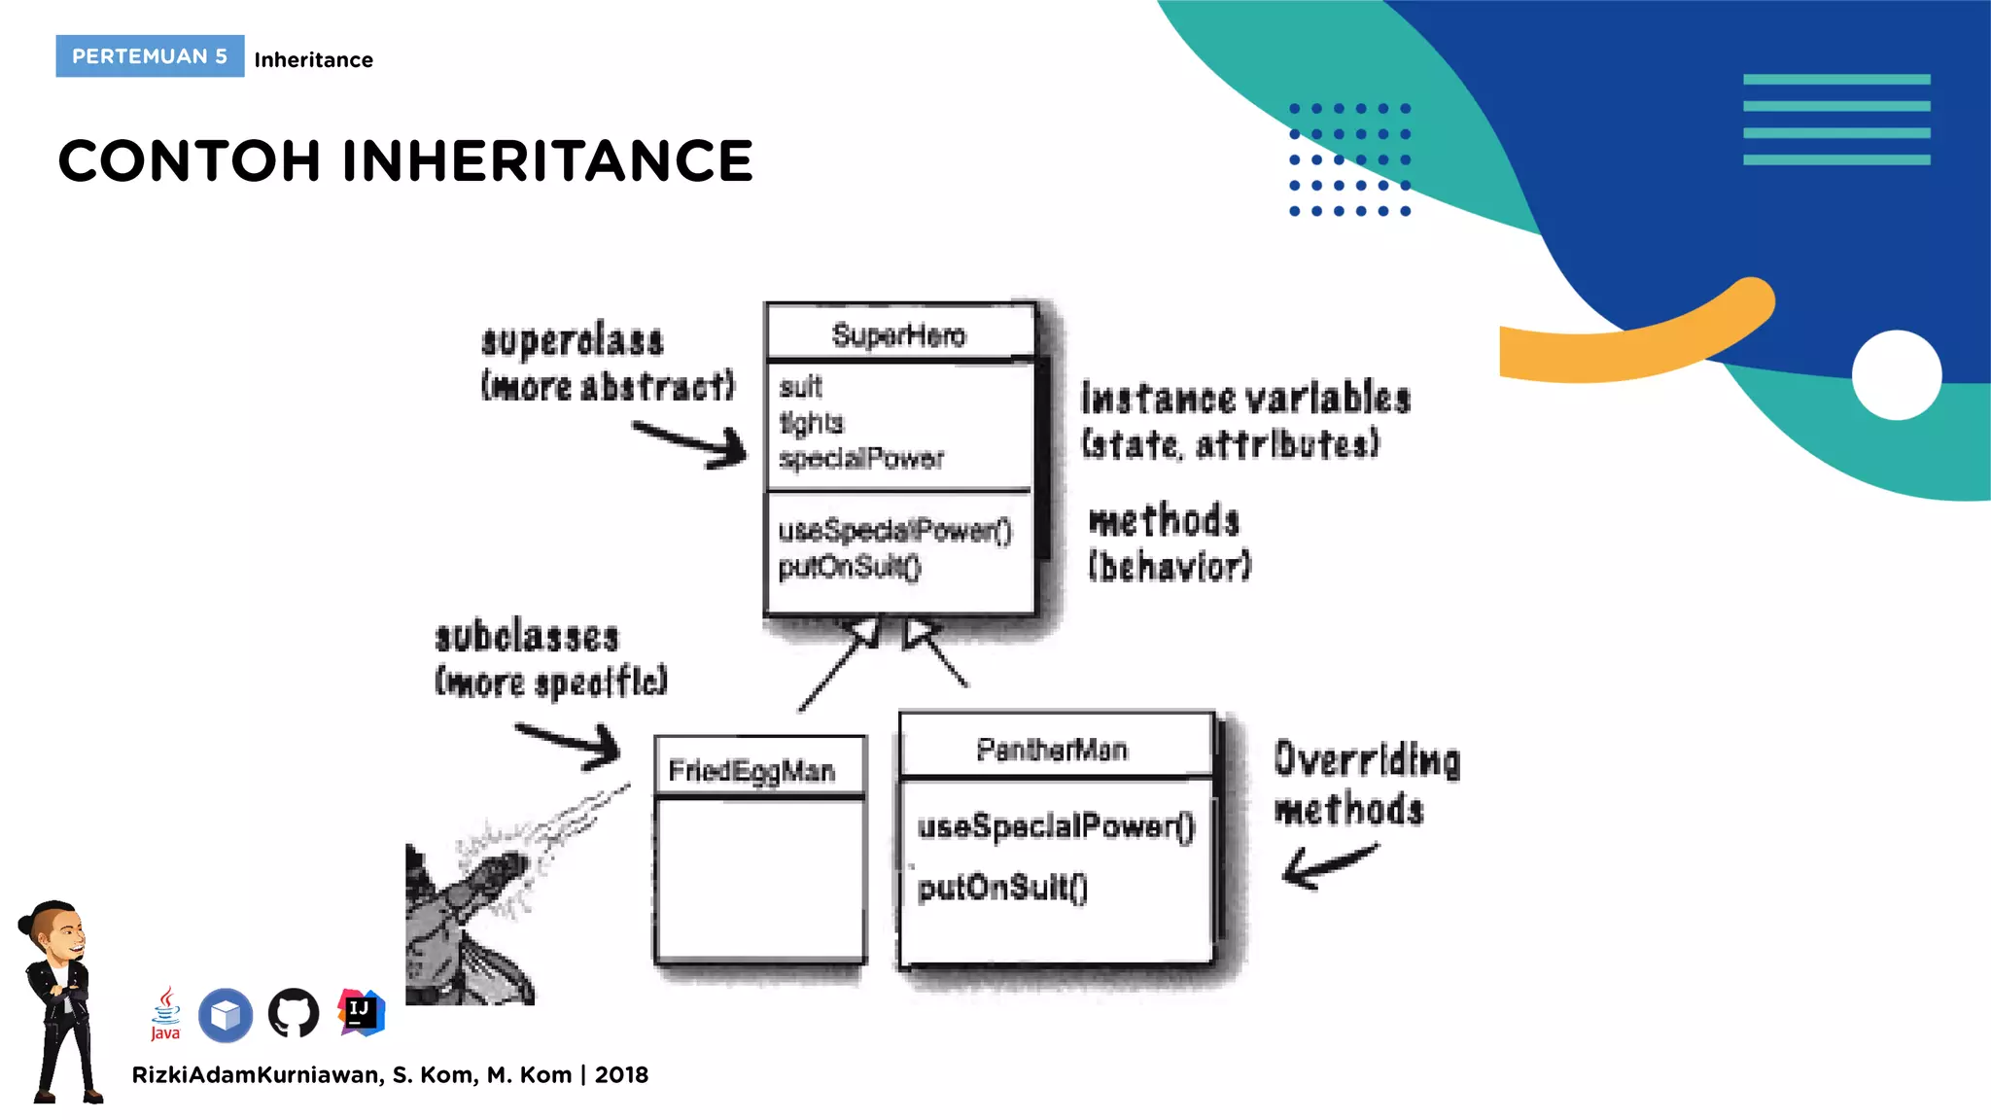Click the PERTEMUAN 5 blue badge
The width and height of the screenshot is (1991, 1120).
click(x=150, y=56)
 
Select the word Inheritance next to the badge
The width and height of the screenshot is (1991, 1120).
click(x=313, y=60)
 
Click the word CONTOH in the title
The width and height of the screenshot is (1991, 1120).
click(x=189, y=160)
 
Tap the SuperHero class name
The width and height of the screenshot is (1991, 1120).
click(x=898, y=335)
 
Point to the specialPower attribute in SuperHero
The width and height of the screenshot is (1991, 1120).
click(x=861, y=458)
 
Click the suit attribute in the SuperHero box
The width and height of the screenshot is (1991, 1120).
click(x=800, y=387)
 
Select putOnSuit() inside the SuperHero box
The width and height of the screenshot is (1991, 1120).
click(x=849, y=566)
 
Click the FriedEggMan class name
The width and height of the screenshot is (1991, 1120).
click(x=751, y=771)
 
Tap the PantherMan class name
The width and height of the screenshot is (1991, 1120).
click(x=1052, y=750)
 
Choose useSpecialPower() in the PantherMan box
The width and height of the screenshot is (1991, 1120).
click(x=1056, y=826)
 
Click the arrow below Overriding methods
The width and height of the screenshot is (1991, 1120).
click(x=1328, y=865)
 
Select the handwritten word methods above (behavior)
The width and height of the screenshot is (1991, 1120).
click(x=1164, y=520)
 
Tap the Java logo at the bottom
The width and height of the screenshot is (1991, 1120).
click(x=166, y=1014)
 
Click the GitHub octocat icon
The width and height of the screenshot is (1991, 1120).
click(x=294, y=1014)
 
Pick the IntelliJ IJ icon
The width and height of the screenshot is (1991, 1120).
click(x=361, y=1012)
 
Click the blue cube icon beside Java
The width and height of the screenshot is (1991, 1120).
click(x=226, y=1015)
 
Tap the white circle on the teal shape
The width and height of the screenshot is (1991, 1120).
click(x=1896, y=375)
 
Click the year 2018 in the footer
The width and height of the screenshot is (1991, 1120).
click(x=621, y=1075)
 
